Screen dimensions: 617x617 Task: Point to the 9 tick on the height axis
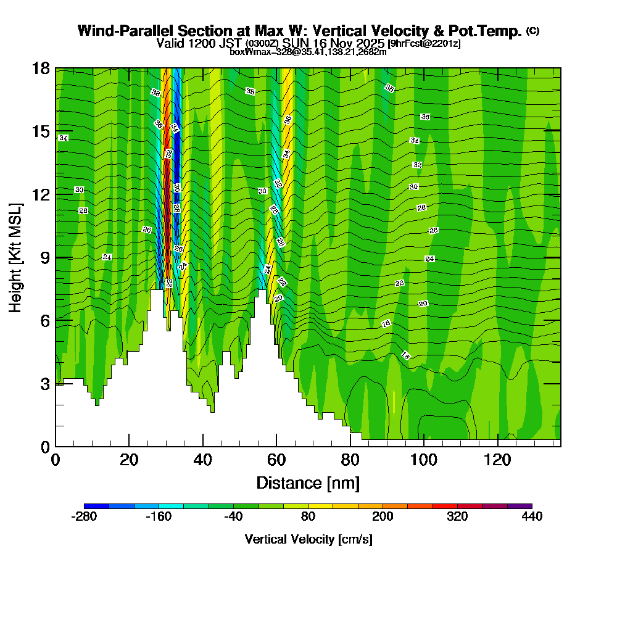44,257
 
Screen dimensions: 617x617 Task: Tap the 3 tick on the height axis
44,383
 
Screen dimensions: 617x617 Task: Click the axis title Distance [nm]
308,482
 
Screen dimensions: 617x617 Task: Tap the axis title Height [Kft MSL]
15,257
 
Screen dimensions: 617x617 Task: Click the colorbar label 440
531,516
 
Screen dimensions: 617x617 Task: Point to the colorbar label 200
383,516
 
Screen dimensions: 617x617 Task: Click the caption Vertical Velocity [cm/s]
308,539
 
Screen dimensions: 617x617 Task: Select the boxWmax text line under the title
308,52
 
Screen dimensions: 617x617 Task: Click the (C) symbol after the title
532,31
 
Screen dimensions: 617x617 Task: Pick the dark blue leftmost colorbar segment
96,506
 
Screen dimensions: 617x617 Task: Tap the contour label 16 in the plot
405,355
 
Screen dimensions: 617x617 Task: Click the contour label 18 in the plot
386,324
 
